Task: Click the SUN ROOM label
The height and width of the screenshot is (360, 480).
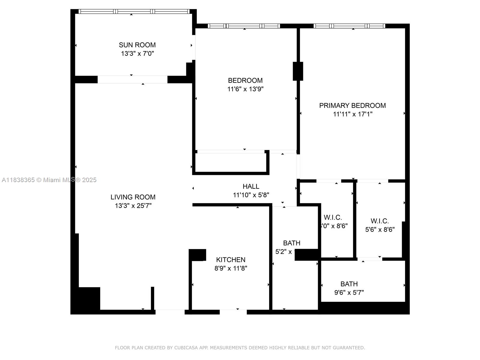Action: coord(137,45)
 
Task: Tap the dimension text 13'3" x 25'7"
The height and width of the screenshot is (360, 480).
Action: coord(133,206)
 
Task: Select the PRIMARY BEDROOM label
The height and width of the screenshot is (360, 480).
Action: coord(352,106)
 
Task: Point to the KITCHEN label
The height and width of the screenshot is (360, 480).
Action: coord(231,260)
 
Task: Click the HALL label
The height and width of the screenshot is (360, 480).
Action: coord(251,186)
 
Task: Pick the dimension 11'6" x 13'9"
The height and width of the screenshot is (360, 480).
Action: coord(245,89)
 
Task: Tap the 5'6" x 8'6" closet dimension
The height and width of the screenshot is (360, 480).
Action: coord(379,229)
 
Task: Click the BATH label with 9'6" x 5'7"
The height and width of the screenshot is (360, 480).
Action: coord(349,284)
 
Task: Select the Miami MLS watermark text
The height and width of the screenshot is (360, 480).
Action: coord(49,180)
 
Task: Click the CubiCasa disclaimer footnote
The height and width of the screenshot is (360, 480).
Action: coord(240,348)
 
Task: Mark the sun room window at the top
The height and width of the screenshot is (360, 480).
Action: coord(134,11)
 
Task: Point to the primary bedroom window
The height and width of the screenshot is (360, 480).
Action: coord(349,26)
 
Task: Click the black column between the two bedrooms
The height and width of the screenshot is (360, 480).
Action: coord(298,71)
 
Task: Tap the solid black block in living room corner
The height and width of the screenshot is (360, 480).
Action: coord(89,298)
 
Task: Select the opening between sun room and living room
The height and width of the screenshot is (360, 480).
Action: coord(132,79)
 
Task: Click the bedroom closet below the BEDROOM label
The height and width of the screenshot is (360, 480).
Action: coord(230,162)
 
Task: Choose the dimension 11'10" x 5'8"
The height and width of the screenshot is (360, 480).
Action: coord(251,195)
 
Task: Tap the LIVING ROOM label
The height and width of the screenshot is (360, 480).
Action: coord(133,197)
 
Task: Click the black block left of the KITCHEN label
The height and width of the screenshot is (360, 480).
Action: coord(198,255)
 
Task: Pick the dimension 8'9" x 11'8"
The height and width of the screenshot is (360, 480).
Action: coord(231,268)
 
